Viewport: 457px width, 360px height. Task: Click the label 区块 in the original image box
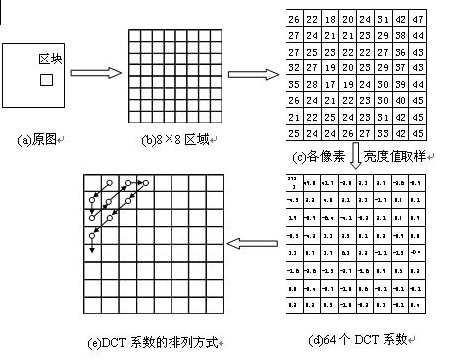[x=50, y=60]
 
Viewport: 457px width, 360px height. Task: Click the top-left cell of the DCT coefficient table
[x=292, y=182]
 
